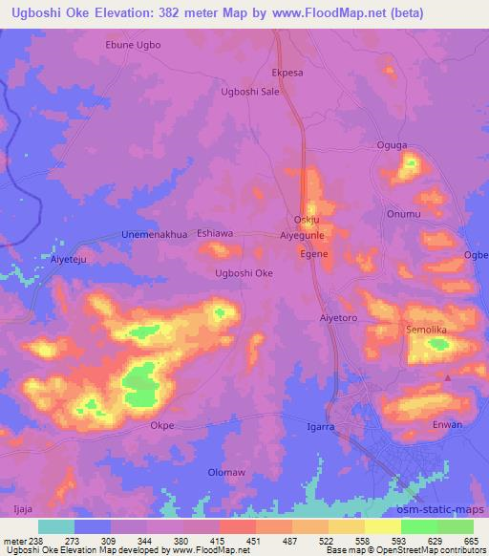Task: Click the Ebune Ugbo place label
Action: pos(133,45)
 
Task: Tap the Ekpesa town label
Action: pos(287,72)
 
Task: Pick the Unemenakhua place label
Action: pos(155,234)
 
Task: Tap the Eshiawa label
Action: pos(216,232)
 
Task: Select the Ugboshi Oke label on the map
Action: pos(244,273)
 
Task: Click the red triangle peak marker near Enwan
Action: pos(448,377)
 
